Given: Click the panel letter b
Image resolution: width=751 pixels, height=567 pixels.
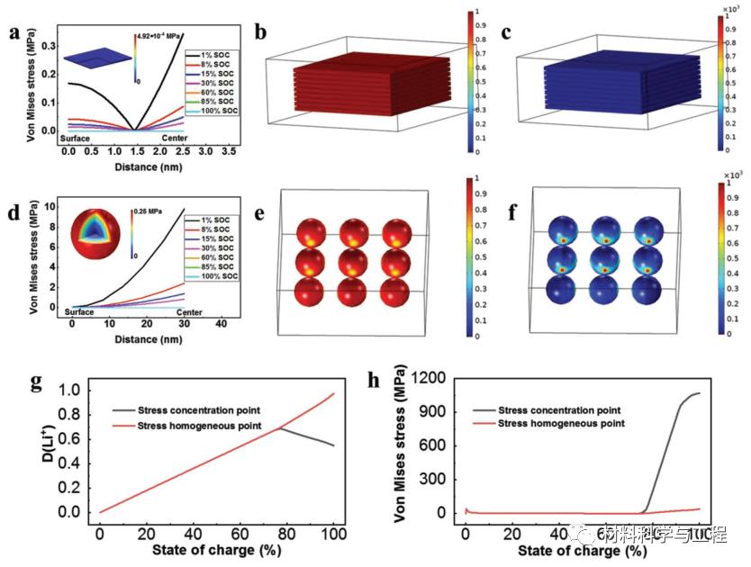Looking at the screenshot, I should [261, 33].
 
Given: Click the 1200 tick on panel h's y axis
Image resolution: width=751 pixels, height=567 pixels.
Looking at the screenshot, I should [436, 379].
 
